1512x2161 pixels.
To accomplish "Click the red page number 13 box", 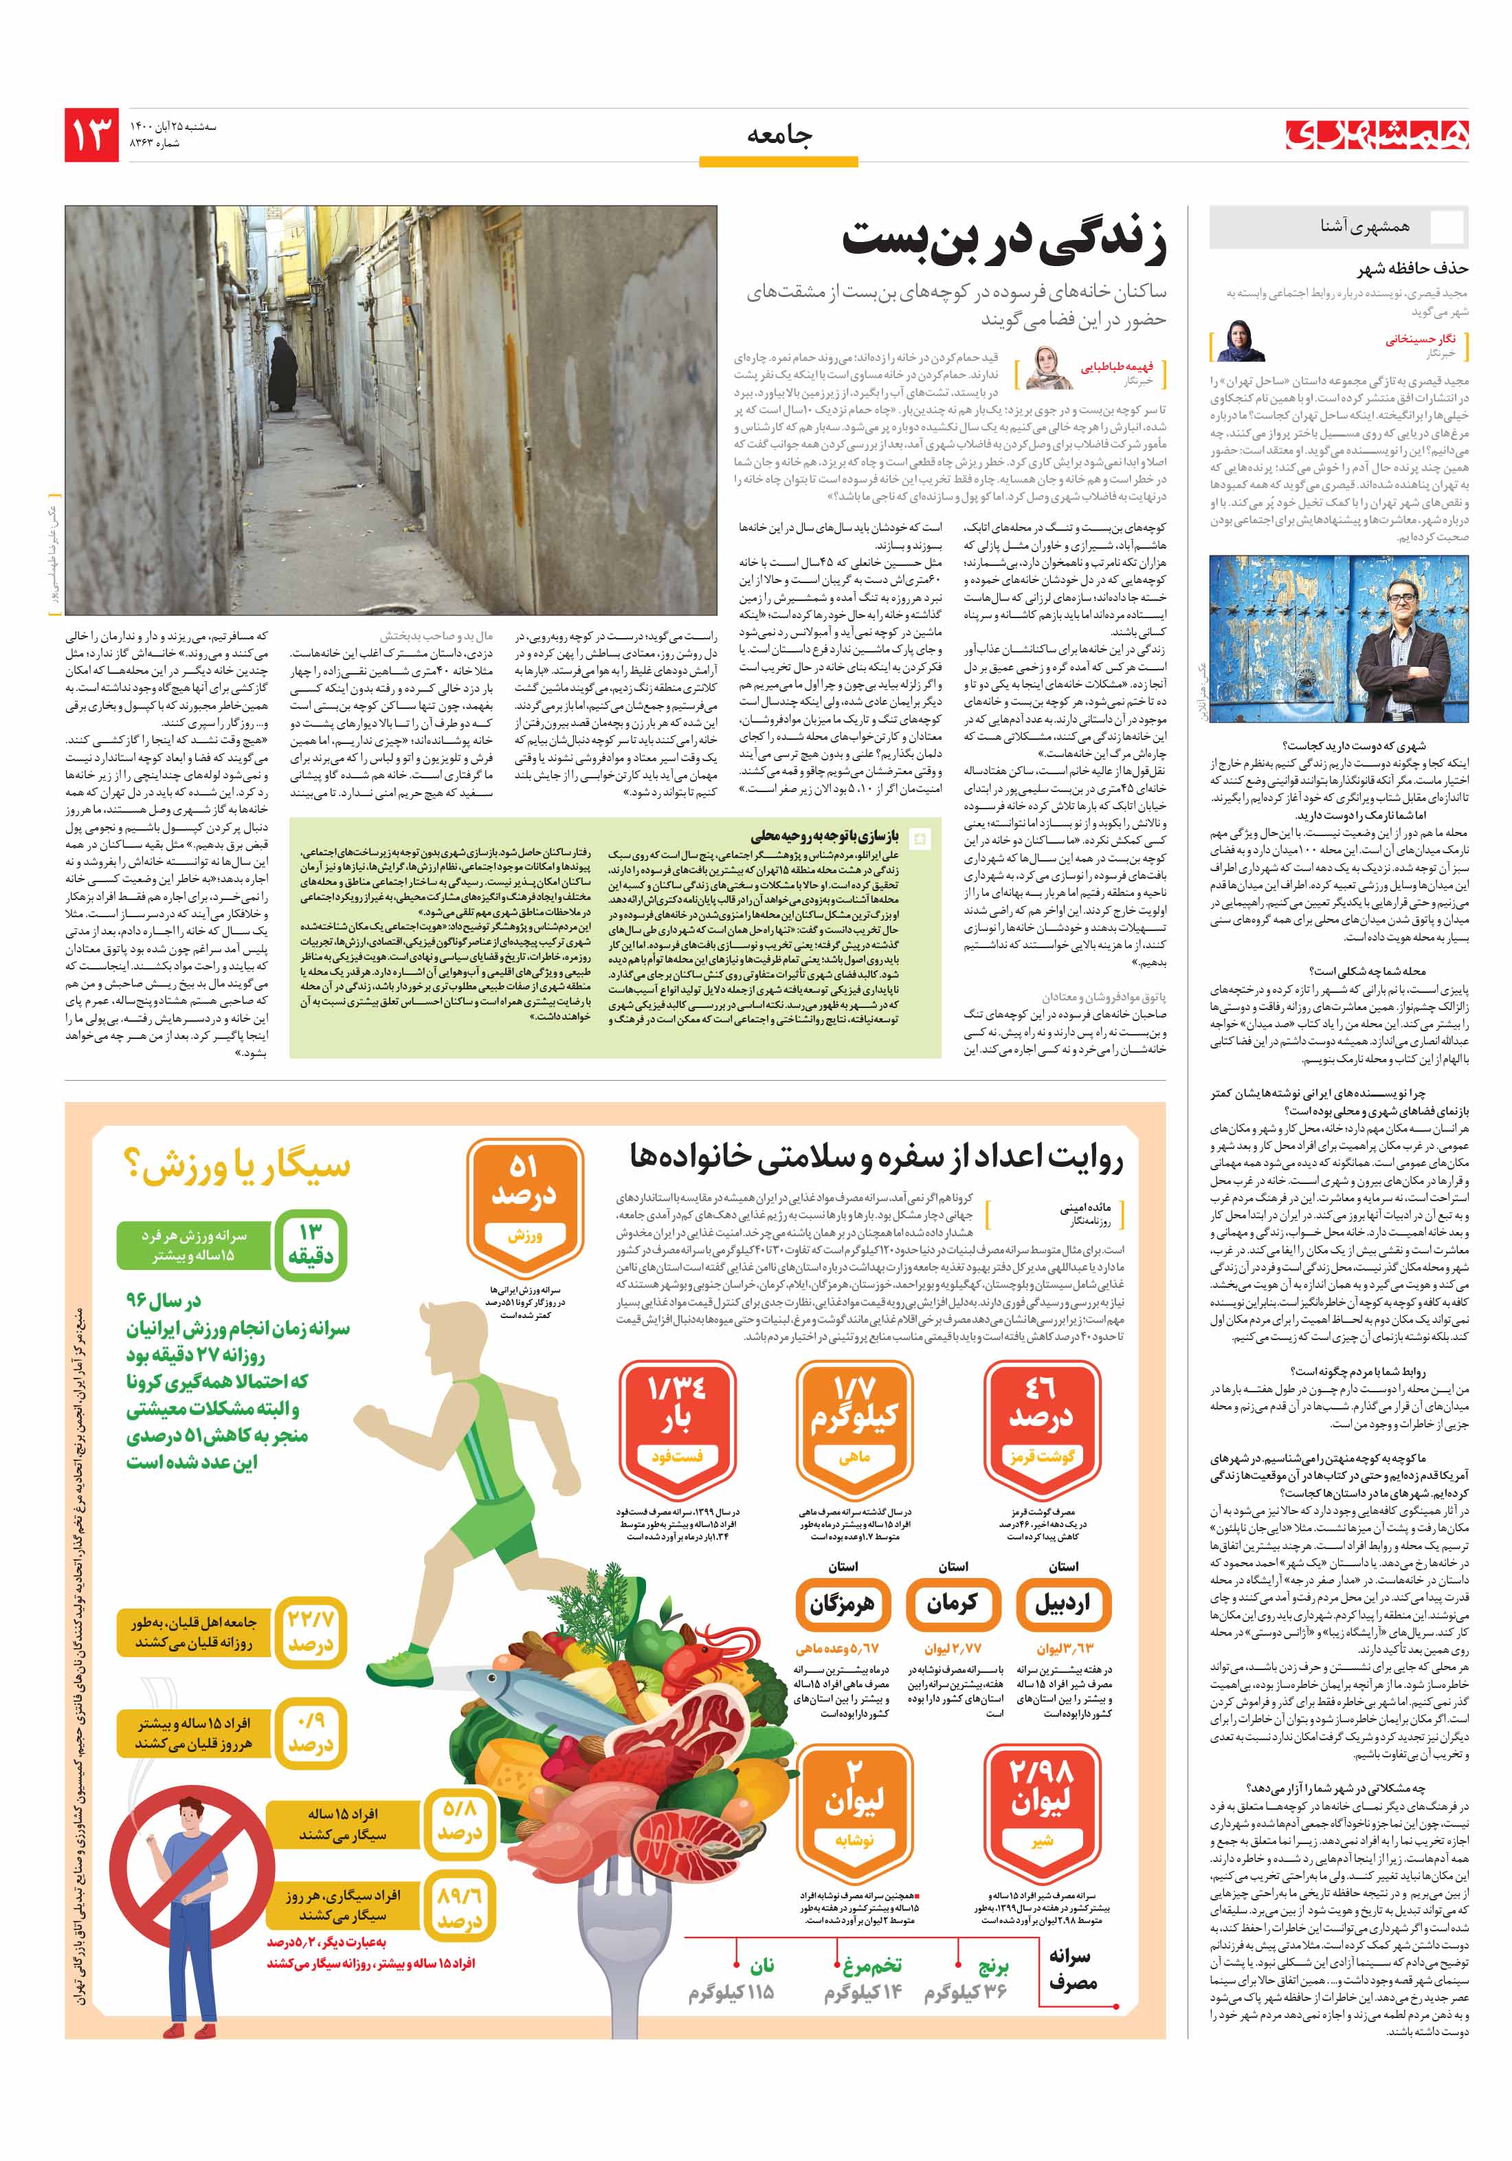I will [x=91, y=135].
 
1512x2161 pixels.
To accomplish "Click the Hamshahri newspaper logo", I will [x=1377, y=135].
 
